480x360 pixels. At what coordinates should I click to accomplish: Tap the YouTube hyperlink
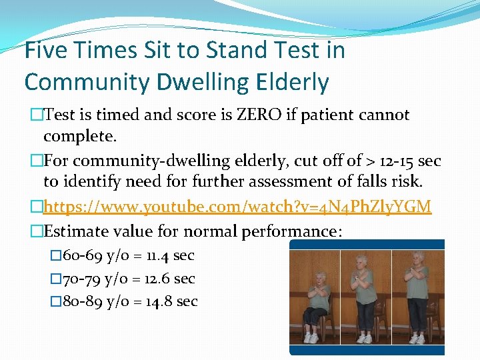pyautogui.click(x=237, y=207)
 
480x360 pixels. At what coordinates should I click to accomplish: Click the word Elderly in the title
pyautogui.click(x=292, y=83)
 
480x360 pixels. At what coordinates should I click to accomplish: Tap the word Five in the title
pyautogui.click(x=49, y=50)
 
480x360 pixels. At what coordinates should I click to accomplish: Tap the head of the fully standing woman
pyautogui.click(x=417, y=257)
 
